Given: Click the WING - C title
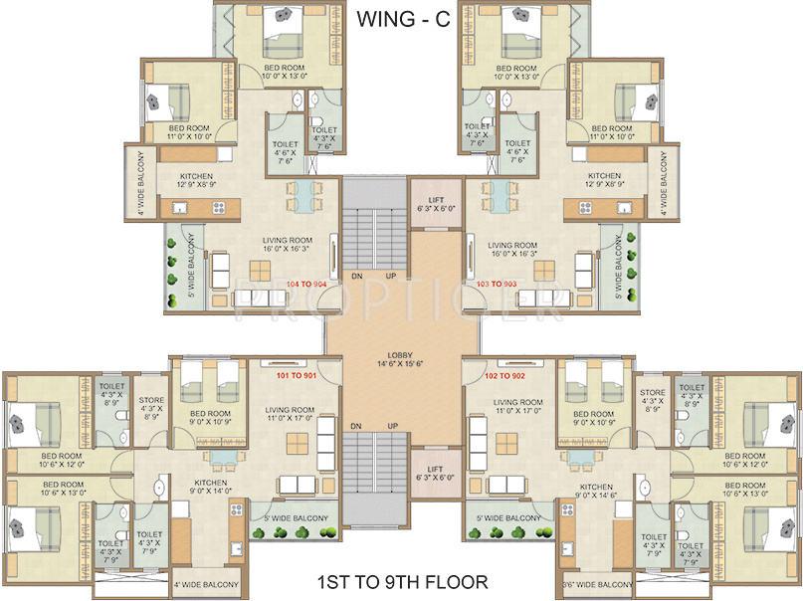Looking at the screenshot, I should tap(402, 18).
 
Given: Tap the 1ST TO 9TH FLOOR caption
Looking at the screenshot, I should tap(401, 581).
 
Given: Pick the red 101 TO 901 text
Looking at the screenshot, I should tap(296, 377).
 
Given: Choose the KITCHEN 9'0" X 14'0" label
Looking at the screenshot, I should tap(211, 488).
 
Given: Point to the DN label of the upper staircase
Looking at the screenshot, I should tap(357, 278).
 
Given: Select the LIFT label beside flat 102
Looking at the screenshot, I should tap(436, 469).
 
